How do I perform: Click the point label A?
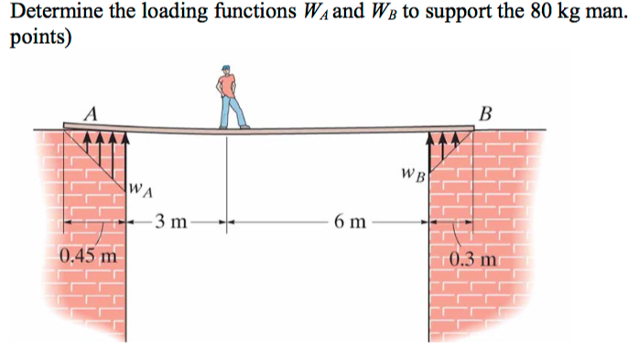pos(91,114)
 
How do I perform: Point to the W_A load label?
pos(141,191)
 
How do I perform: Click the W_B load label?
pos(414,173)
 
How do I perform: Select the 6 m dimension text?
pos(352,221)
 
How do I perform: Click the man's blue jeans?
pos(233,111)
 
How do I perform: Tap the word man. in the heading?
pos(606,14)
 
